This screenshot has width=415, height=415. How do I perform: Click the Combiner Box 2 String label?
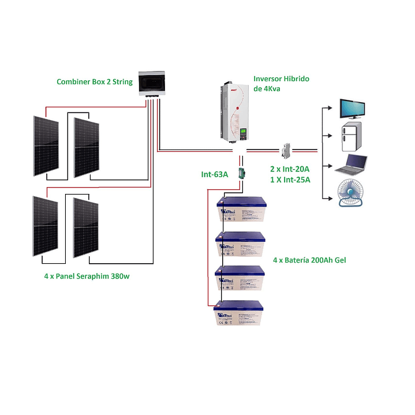[x=94, y=82]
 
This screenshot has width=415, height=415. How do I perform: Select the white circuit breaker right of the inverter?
[x=285, y=151]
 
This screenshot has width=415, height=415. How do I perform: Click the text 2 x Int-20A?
[x=290, y=169]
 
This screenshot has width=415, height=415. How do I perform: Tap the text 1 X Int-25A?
[x=290, y=180]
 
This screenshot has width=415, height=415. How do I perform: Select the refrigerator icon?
[x=352, y=137]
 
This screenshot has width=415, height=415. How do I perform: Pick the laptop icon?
[x=352, y=166]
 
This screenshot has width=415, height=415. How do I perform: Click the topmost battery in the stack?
[x=241, y=212]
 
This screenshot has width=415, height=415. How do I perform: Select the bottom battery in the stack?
[x=238, y=315]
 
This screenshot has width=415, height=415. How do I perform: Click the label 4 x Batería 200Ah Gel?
[x=309, y=260]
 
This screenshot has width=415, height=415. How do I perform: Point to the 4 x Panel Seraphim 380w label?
[x=87, y=276]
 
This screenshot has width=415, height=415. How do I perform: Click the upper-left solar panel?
[x=45, y=145]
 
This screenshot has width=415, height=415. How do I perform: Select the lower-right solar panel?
[x=86, y=227]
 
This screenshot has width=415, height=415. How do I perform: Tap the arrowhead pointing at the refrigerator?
[x=329, y=136]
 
